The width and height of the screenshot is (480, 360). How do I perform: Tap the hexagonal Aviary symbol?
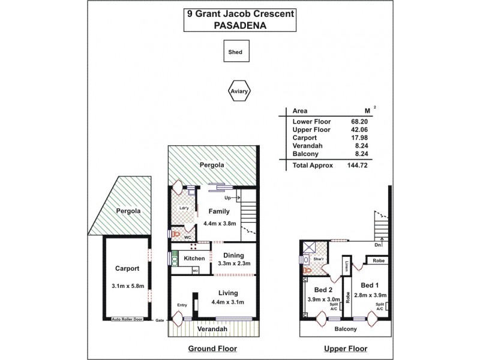coord(239,91)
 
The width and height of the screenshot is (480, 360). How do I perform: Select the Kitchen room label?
coord(194,259)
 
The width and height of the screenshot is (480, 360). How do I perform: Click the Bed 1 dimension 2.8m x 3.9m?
coord(370,295)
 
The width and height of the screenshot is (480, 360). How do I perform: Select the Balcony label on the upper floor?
coord(346,329)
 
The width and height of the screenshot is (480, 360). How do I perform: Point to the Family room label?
coord(219,212)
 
